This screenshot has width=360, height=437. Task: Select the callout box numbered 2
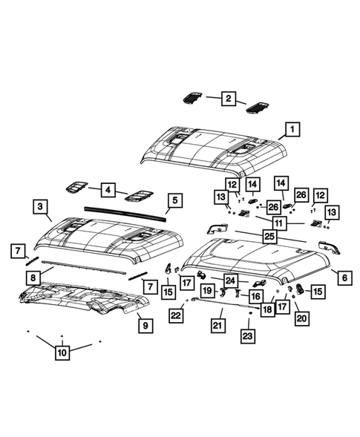coord(229,97)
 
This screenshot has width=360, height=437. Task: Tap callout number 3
coord(42,205)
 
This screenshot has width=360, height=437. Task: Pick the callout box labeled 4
coord(109,190)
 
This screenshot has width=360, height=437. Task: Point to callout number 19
coord(209,291)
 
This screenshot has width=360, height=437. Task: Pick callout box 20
coord(301,318)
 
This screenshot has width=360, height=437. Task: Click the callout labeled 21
coord(217,326)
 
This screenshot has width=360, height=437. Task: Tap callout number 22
coord(175,315)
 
